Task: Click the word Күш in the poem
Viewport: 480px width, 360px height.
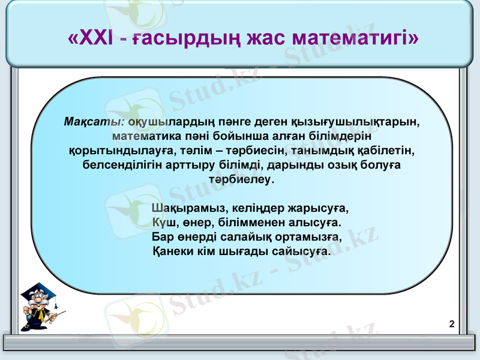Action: (x=163, y=223)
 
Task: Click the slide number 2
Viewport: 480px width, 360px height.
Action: (x=451, y=325)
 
